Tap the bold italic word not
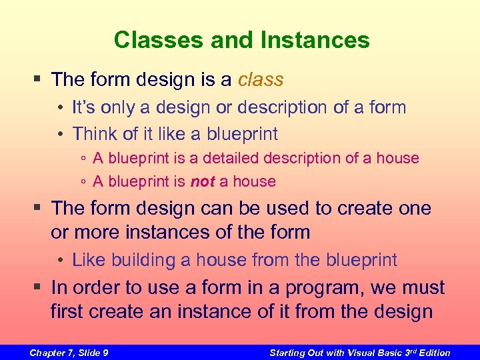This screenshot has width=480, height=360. [203, 181]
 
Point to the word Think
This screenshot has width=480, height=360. [93, 133]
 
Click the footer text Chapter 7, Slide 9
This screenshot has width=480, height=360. [69, 353]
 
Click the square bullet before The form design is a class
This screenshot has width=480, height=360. [39, 80]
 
